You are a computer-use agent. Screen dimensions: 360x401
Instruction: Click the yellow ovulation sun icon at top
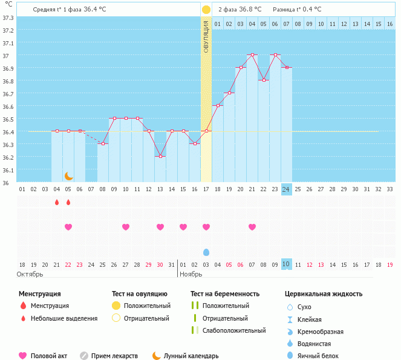click(206, 10)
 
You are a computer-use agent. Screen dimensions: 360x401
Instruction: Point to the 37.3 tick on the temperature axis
click(8, 18)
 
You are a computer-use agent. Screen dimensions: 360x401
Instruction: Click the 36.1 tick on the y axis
click(8, 170)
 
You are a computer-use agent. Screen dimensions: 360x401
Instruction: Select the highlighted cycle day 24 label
click(287, 189)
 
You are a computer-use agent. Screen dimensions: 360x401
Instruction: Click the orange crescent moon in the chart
click(69, 175)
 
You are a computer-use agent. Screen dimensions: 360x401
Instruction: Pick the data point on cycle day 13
click(160, 156)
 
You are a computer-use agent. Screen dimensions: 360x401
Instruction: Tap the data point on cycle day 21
click(252, 55)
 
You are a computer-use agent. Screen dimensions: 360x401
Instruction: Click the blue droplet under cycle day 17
click(206, 252)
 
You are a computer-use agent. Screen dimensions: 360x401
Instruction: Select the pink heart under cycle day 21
click(252, 227)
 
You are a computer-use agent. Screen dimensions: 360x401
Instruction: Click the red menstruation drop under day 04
click(57, 202)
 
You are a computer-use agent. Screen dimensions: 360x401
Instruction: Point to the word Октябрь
click(30, 274)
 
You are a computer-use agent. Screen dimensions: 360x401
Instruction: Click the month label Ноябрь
click(193, 274)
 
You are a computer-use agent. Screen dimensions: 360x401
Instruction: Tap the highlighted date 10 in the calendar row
click(287, 264)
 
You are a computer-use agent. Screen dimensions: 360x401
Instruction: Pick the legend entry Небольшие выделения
click(64, 318)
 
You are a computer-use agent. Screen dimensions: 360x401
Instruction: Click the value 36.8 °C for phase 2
click(250, 10)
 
